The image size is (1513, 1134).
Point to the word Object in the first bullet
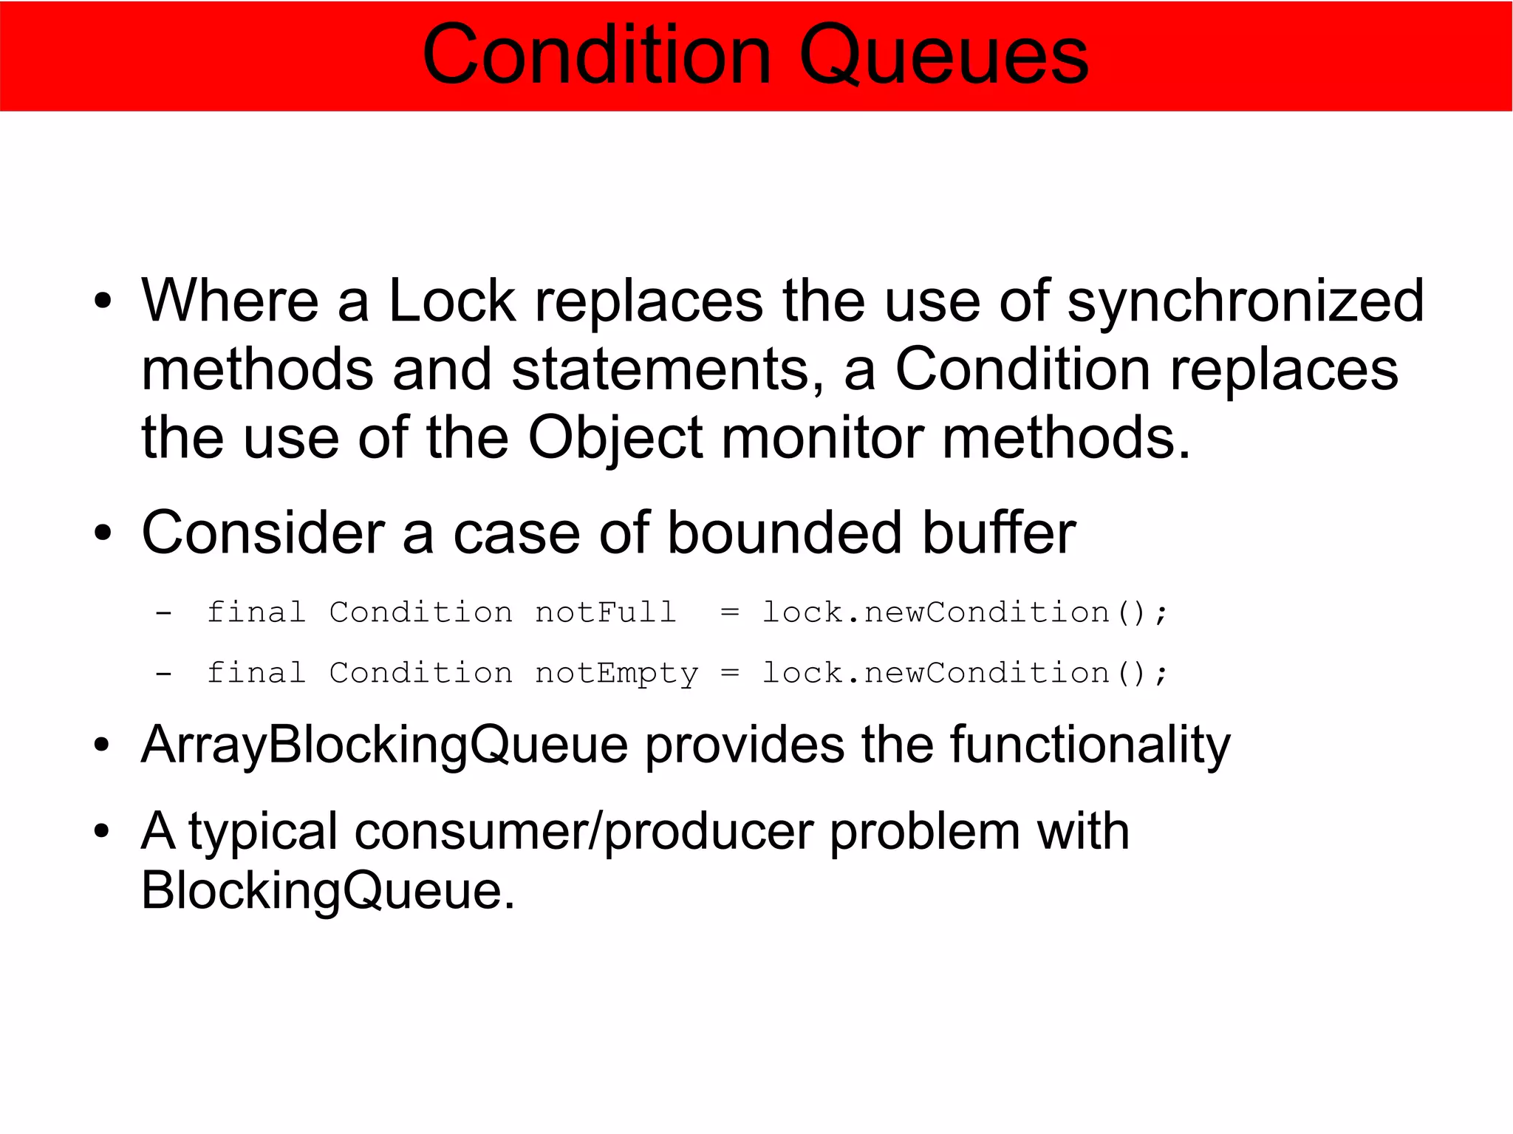[615, 437]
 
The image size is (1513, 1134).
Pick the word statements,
[668, 369]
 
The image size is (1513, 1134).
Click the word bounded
[785, 533]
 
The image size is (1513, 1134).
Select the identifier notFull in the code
[605, 612]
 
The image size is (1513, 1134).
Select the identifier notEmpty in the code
[615, 673]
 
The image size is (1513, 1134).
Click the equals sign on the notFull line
[729, 612]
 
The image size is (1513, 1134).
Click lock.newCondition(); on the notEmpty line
[964, 673]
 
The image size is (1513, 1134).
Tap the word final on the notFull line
[256, 612]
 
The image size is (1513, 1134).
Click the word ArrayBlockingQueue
[384, 744]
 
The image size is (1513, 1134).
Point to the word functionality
[1090, 744]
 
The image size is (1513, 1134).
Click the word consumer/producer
[583, 831]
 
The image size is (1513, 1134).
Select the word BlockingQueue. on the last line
[327, 890]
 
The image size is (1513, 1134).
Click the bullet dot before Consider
[103, 533]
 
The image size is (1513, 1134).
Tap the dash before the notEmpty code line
[164, 673]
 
